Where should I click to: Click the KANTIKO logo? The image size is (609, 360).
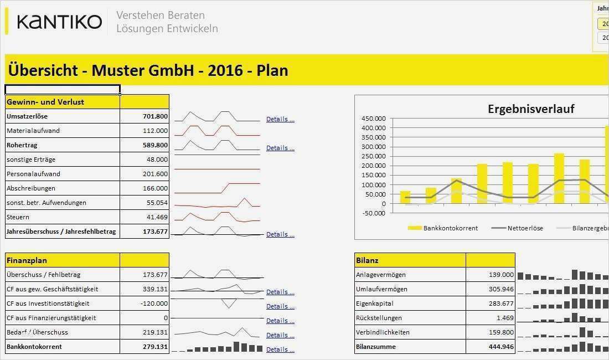59,22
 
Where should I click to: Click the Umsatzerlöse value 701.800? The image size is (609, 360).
155,116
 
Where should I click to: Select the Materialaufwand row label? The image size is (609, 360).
33,131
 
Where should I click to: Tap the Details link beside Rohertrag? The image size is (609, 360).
280,148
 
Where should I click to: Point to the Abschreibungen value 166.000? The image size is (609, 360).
155,188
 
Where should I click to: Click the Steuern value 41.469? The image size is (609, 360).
157,217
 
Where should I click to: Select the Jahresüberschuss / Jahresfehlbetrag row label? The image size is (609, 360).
61,232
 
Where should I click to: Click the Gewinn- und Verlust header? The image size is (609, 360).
45,102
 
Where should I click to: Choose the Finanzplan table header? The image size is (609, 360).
27,260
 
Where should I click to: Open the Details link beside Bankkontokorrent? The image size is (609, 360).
280,349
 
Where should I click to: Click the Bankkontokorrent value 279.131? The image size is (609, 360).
155,347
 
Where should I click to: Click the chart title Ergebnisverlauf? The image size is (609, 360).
530,109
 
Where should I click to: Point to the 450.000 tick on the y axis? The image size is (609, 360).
373,119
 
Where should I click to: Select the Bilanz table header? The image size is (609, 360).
368,260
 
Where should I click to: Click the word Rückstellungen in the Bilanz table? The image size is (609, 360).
379,318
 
